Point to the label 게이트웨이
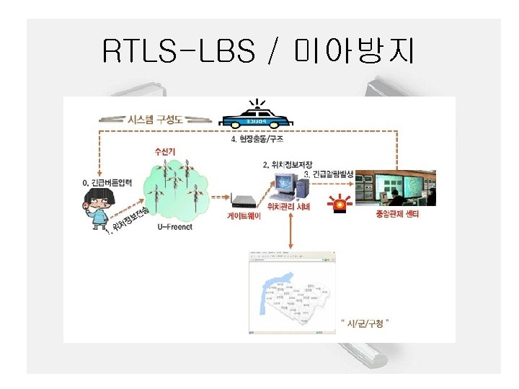(243, 215)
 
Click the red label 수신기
(165, 151)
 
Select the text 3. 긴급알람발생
(329, 174)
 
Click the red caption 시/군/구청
(368, 323)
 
